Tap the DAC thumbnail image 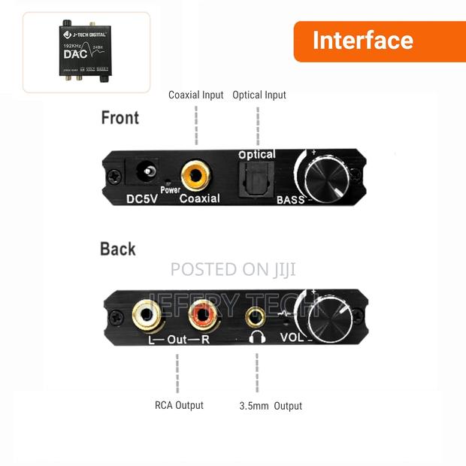click(86, 52)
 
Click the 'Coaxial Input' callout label click(196, 95)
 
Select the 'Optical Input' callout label click(259, 95)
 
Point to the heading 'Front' click(120, 118)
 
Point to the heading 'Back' click(118, 249)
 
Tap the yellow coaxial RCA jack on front click(198, 177)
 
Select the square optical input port click(255, 178)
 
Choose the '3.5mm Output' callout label click(271, 406)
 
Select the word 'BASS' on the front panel click(290, 199)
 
